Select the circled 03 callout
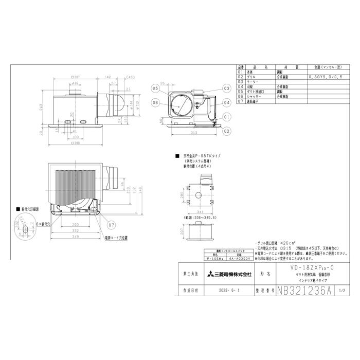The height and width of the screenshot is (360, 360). tap(226, 88)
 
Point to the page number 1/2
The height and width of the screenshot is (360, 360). tap(343, 290)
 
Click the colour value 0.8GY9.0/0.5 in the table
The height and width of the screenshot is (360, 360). tap(324, 76)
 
